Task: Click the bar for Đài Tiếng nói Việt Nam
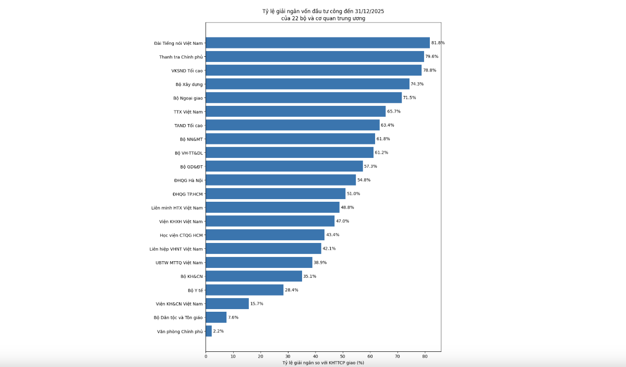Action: click(x=318, y=43)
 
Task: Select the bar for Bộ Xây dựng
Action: click(x=307, y=84)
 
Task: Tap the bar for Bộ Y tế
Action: click(x=244, y=290)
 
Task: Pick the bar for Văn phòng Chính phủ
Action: click(x=209, y=331)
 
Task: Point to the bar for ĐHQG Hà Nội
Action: click(x=281, y=180)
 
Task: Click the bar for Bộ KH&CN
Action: click(x=254, y=276)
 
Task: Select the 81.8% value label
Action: click(x=438, y=43)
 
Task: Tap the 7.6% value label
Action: click(x=233, y=317)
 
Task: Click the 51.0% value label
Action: click(x=353, y=194)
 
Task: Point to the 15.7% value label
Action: click(x=257, y=303)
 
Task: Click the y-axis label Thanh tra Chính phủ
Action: click(x=181, y=57)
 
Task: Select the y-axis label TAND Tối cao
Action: click(x=188, y=126)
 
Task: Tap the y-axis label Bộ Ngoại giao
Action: click(x=188, y=98)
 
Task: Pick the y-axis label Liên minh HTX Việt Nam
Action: click(x=177, y=207)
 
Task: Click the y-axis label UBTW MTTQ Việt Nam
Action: click(x=179, y=263)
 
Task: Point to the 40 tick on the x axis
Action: click(x=315, y=356)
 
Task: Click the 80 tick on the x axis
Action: click(x=425, y=356)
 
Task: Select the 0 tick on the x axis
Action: click(x=206, y=356)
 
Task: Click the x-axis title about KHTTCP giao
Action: click(x=323, y=363)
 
